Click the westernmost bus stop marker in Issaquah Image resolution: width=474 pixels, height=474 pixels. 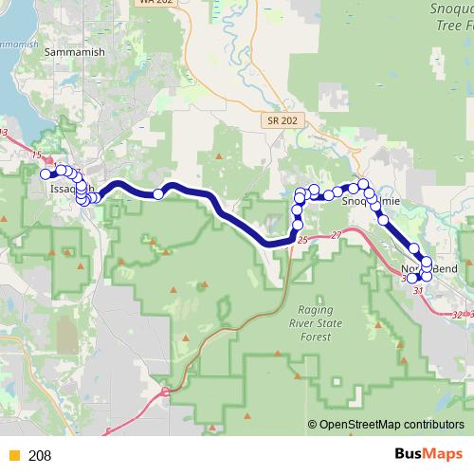pyautogui.click(x=45, y=173)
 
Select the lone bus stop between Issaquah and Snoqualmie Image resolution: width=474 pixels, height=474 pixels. pyautogui.click(x=158, y=193)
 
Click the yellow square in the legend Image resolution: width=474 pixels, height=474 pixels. pyautogui.click(x=14, y=456)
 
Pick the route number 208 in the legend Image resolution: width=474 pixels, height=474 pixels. pyautogui.click(x=40, y=456)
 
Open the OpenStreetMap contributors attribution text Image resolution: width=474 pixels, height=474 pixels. pyautogui.click(x=392, y=426)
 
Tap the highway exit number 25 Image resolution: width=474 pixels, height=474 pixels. pyautogui.click(x=302, y=242)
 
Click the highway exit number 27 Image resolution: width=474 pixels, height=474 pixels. pyautogui.click(x=336, y=235)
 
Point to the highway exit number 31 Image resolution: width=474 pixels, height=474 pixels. pyautogui.click(x=418, y=291)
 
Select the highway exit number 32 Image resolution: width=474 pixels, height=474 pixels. pyautogui.click(x=459, y=314)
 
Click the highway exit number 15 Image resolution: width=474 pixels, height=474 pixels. pyautogui.click(x=37, y=154)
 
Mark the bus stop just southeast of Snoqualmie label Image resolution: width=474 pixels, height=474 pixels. pyautogui.click(x=383, y=220)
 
